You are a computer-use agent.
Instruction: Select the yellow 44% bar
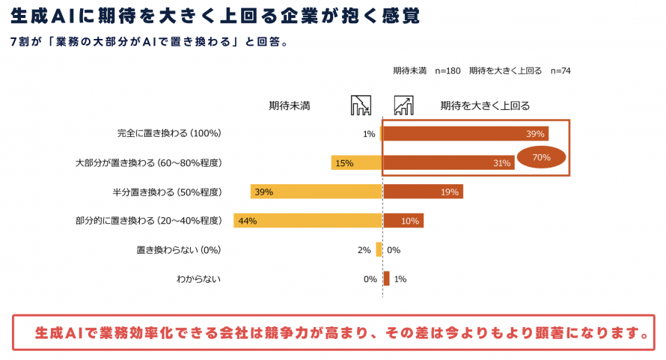coord(308,221)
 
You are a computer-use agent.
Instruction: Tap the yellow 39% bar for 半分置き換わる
coord(317,192)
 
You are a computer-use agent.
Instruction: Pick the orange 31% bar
coord(448,162)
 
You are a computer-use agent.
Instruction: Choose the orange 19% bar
coord(423,192)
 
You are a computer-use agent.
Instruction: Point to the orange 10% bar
coord(403,221)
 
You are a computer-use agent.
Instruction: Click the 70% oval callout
coord(542,158)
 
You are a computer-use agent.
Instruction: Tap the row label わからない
coord(199,279)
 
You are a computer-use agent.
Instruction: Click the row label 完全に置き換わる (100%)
coord(169,134)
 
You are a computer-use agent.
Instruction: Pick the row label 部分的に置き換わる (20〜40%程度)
coord(149,221)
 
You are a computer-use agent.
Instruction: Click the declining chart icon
coord(361,106)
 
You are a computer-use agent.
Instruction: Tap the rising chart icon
coord(404,106)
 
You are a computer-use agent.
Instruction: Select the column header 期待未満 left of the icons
coord(290,106)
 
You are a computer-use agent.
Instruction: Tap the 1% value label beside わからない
coord(400,279)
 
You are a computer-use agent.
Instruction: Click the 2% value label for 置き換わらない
coord(364,250)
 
